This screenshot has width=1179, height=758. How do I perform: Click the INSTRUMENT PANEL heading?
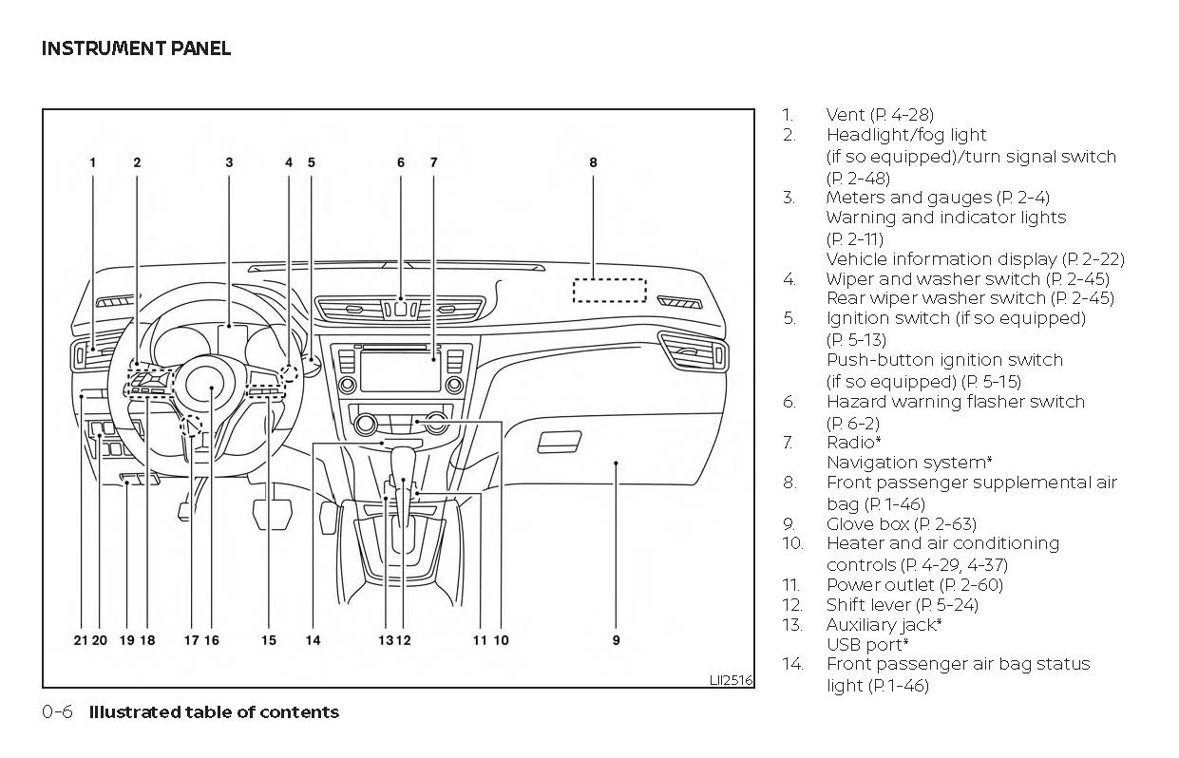click(136, 47)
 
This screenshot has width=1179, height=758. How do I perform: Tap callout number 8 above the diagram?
click(593, 162)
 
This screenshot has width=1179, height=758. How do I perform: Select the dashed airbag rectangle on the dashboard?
click(609, 291)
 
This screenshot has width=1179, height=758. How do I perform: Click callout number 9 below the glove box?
click(616, 640)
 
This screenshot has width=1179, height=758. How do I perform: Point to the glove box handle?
click(560, 441)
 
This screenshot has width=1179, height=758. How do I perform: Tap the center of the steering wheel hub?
click(210, 385)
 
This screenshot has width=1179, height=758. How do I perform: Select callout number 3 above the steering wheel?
click(229, 162)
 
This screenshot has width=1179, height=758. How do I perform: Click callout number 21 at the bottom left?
click(81, 640)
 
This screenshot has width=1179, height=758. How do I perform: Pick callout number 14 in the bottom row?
click(313, 640)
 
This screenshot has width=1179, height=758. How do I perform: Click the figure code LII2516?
click(731, 680)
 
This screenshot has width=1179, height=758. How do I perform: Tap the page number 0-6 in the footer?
click(57, 712)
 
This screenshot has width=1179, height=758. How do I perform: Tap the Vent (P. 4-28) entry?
click(879, 115)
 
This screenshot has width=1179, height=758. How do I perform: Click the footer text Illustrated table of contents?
click(214, 712)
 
